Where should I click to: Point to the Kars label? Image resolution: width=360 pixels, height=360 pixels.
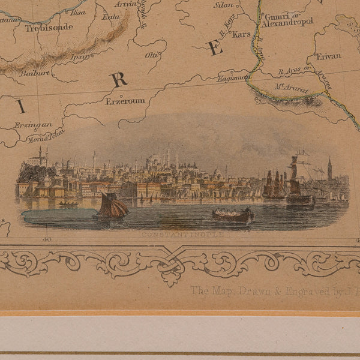click(x=241, y=34)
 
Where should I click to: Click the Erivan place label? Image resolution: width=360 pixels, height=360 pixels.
click(x=328, y=56)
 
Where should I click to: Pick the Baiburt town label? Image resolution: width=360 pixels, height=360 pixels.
click(x=34, y=73)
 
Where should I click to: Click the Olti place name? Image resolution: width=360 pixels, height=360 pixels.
click(x=152, y=55)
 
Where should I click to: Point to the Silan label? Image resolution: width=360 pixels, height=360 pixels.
click(x=223, y=5)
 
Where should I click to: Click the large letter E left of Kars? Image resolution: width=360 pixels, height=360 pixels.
click(x=215, y=49)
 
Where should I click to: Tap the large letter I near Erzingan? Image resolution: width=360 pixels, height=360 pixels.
click(x=22, y=107)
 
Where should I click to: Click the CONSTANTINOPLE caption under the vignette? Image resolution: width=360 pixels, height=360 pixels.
click(x=184, y=235)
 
